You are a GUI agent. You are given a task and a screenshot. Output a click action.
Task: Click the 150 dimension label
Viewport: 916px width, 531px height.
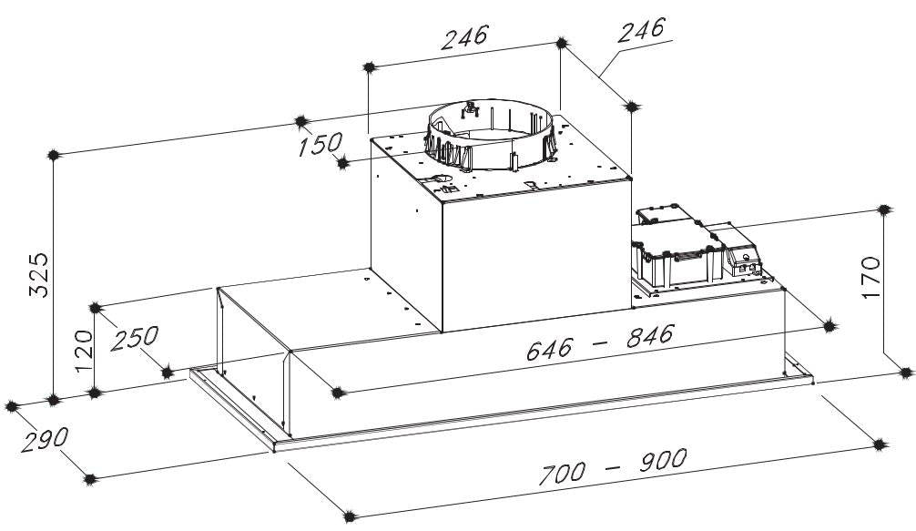click(x=321, y=144)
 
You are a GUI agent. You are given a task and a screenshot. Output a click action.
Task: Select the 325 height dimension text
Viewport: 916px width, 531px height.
click(x=40, y=275)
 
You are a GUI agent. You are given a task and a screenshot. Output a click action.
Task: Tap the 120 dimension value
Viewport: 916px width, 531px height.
click(x=84, y=351)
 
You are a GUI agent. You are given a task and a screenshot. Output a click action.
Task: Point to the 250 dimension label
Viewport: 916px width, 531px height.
click(x=135, y=338)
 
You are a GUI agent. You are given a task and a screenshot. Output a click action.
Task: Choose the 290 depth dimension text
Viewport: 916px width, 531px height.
click(x=45, y=440)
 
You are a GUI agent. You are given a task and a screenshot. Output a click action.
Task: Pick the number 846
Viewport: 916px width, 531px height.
click(x=650, y=336)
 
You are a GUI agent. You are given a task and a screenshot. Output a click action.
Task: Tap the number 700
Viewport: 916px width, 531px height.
click(x=561, y=474)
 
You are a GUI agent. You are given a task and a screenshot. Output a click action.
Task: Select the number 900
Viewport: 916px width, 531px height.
click(x=663, y=460)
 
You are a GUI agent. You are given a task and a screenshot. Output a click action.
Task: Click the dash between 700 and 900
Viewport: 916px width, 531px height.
click(x=612, y=467)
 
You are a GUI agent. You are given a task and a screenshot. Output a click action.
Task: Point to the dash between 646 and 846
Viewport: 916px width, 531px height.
click(x=599, y=343)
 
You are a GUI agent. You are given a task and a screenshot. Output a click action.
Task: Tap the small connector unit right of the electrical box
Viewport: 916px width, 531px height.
click(x=741, y=250)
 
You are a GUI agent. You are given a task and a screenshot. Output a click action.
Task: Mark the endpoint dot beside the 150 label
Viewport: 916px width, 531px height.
click(x=343, y=164)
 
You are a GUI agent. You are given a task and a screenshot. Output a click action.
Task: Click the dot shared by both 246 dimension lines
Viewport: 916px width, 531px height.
click(x=562, y=43)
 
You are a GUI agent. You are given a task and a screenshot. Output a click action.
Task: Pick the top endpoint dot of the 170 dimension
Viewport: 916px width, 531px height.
click(x=884, y=209)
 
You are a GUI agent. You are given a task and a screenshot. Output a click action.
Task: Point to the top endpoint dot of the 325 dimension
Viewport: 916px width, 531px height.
click(x=53, y=156)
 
